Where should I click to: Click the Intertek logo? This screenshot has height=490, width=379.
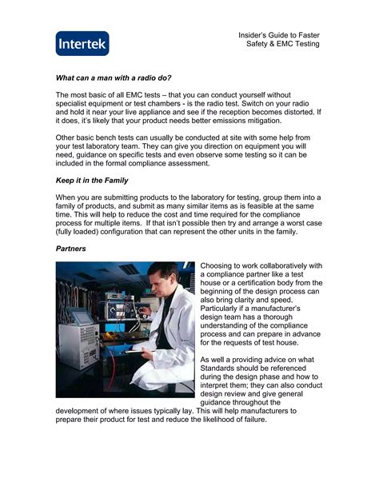[x=82, y=43]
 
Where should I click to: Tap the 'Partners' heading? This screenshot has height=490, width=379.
[x=71, y=249]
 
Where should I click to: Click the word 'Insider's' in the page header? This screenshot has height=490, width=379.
[x=257, y=36]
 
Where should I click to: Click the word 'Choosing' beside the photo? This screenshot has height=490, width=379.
[x=219, y=265]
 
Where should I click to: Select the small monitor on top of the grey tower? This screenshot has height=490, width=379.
[x=82, y=315]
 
